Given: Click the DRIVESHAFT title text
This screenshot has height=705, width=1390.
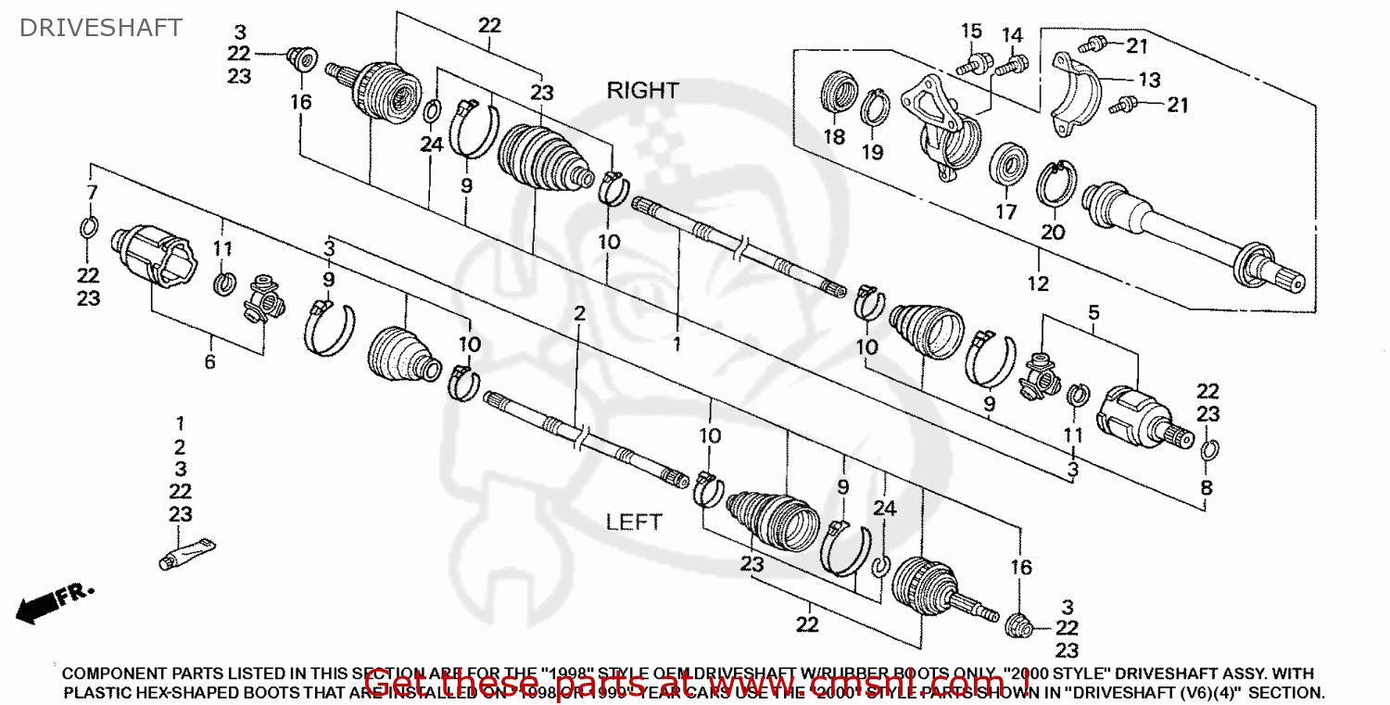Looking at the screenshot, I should [101, 28].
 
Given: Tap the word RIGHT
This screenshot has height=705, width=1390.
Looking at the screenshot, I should [642, 91].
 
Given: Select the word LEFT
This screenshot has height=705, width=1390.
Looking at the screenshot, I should [634, 522].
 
